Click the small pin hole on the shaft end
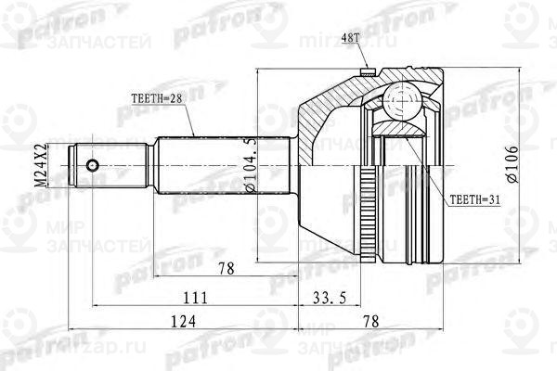(92, 167)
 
